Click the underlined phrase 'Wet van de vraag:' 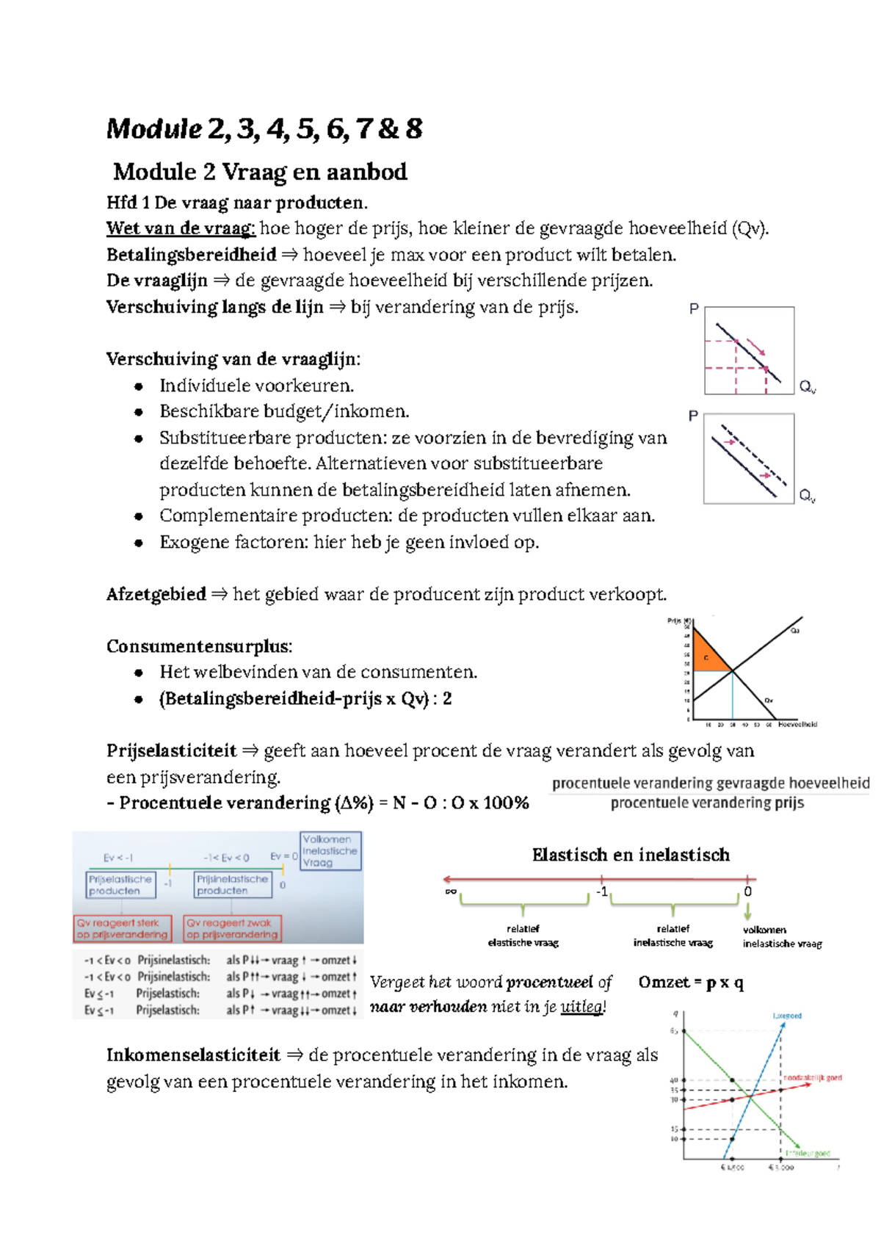tap(181, 228)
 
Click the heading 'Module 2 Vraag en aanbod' tap(260, 172)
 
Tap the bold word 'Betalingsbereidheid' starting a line tap(191, 255)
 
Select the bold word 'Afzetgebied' tap(156, 594)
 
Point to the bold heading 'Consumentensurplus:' tap(199, 646)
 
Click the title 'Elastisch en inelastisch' tap(631, 855)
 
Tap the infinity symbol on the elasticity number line tap(450, 892)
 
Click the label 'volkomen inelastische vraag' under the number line tap(781, 937)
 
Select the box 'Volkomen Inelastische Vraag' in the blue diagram tap(330, 851)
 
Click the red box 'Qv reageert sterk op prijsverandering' tap(123, 928)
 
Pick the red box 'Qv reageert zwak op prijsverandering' tap(232, 928)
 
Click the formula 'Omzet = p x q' tap(690, 983)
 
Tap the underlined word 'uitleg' tap(581, 1007)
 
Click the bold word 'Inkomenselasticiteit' tap(193, 1055)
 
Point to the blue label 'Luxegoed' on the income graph tap(787, 1016)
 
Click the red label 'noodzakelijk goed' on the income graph tap(812, 1077)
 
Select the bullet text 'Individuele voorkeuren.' tap(256, 386)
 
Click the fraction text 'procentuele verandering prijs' tap(707, 803)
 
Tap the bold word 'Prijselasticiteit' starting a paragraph tap(171, 751)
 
